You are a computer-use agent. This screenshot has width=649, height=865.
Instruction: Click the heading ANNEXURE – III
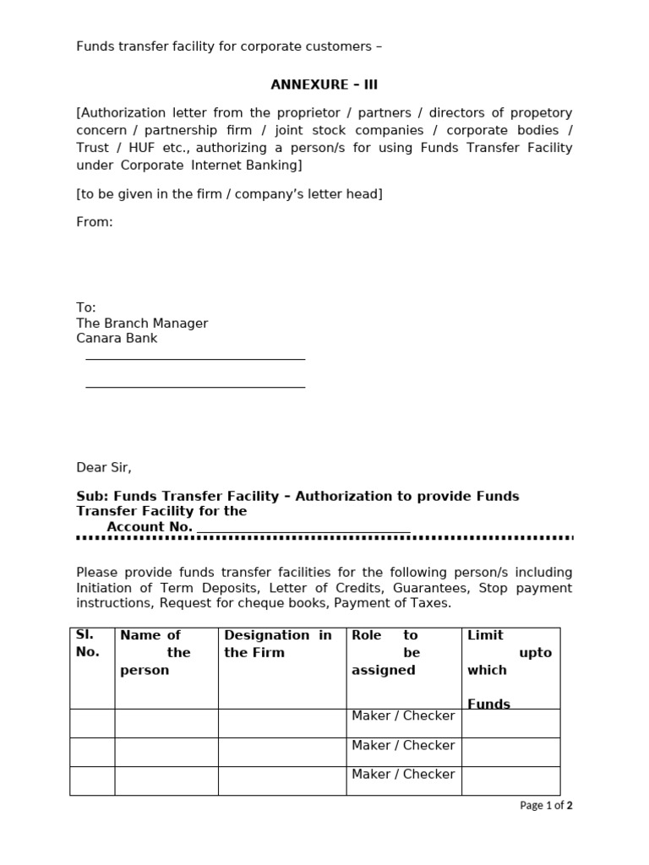318,84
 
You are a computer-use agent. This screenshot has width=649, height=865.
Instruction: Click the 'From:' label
95,222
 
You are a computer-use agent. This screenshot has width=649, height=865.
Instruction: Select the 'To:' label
86,307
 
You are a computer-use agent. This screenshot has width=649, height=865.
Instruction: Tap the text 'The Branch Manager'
142,324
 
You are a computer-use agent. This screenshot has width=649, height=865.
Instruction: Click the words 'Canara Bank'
117,339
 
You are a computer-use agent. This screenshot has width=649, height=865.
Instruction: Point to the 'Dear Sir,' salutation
104,467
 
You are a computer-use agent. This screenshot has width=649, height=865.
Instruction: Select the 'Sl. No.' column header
88,644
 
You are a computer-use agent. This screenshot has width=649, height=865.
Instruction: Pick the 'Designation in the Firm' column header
278,644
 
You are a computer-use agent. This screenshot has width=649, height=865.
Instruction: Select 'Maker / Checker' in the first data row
403,716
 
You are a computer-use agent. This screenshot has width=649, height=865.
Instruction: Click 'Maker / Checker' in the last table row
403,775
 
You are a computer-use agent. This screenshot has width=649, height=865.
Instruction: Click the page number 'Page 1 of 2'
546,806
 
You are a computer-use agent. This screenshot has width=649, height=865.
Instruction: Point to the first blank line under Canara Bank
195,359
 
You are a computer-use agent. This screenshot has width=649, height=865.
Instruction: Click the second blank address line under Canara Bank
195,387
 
